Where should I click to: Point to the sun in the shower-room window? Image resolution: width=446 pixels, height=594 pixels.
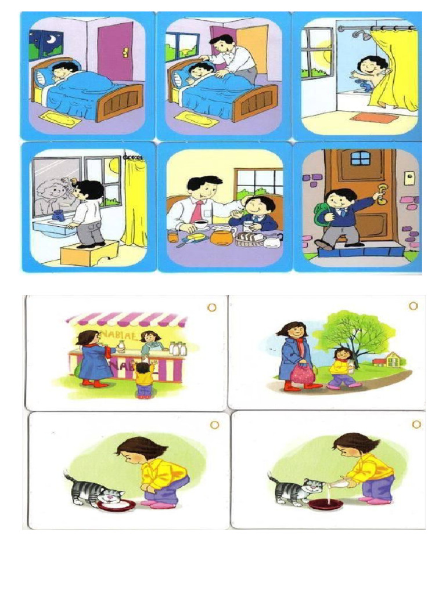tap(324, 55)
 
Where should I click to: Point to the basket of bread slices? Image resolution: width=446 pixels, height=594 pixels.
tap(250, 238)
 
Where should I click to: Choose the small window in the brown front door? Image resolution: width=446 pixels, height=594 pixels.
tap(360, 158)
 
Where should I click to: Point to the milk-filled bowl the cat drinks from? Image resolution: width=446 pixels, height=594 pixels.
tap(116, 505)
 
